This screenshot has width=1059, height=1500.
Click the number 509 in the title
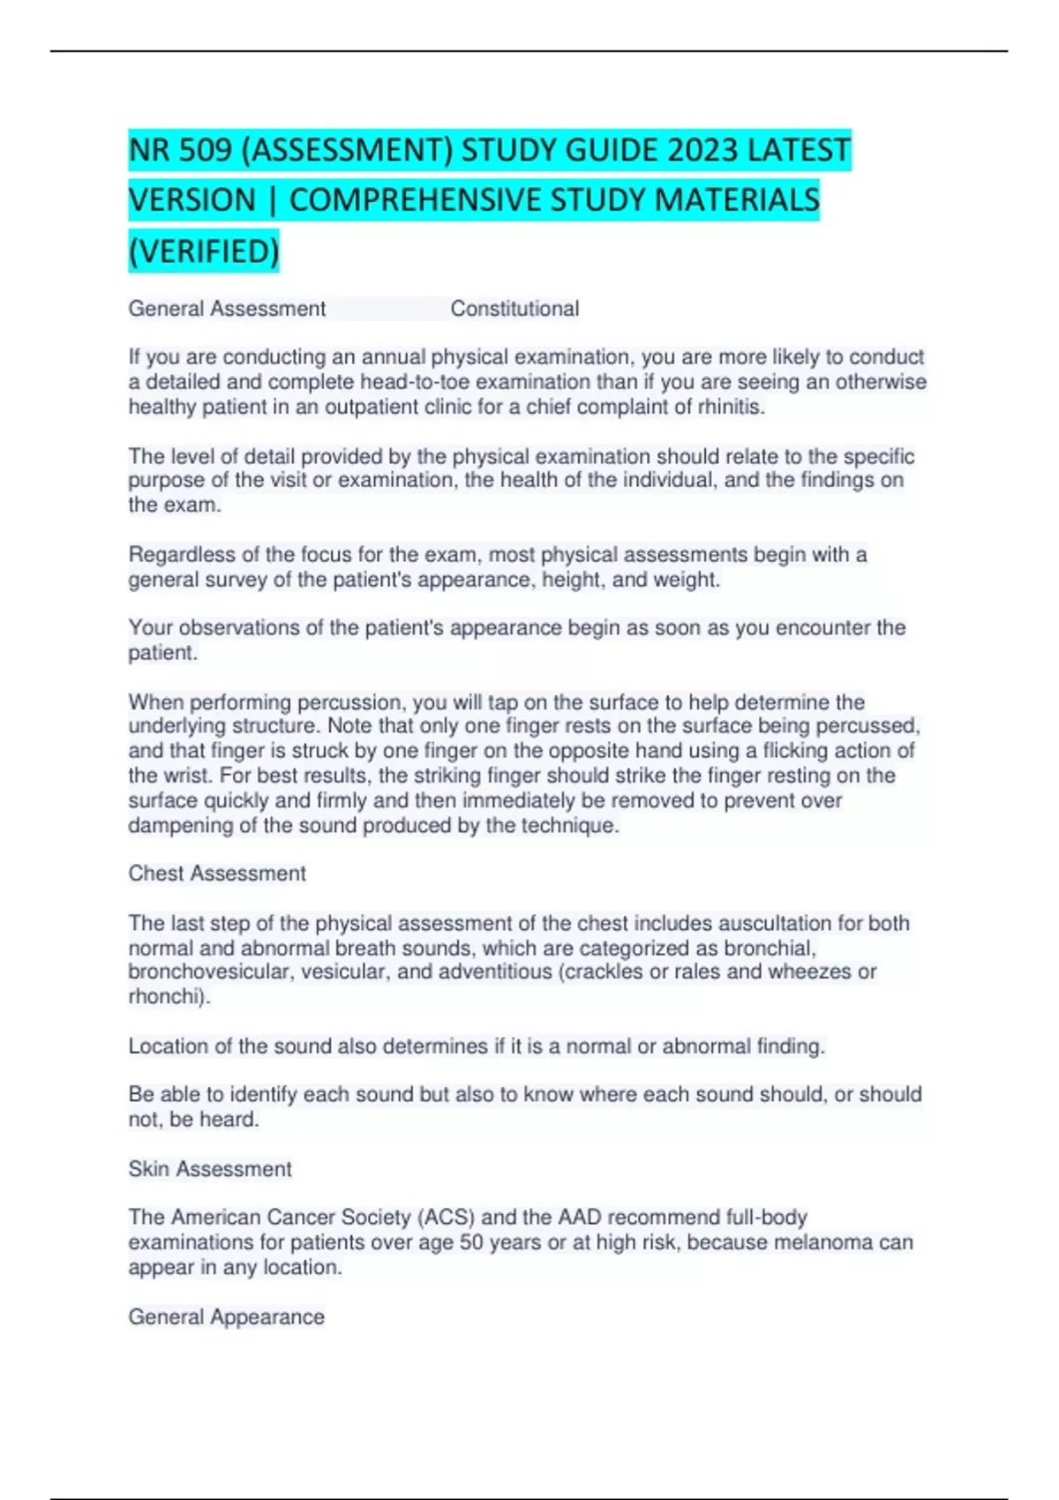coord(205,151)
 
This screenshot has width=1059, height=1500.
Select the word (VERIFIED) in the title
coord(204,251)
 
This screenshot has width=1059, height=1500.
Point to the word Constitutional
coord(514,309)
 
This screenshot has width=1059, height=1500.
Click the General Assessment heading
coord(227,309)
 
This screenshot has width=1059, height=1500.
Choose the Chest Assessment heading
coord(217,874)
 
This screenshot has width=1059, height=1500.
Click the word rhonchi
coord(168,997)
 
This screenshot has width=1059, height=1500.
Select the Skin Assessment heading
coord(210,1169)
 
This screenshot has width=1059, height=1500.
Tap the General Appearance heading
coord(227,1317)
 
